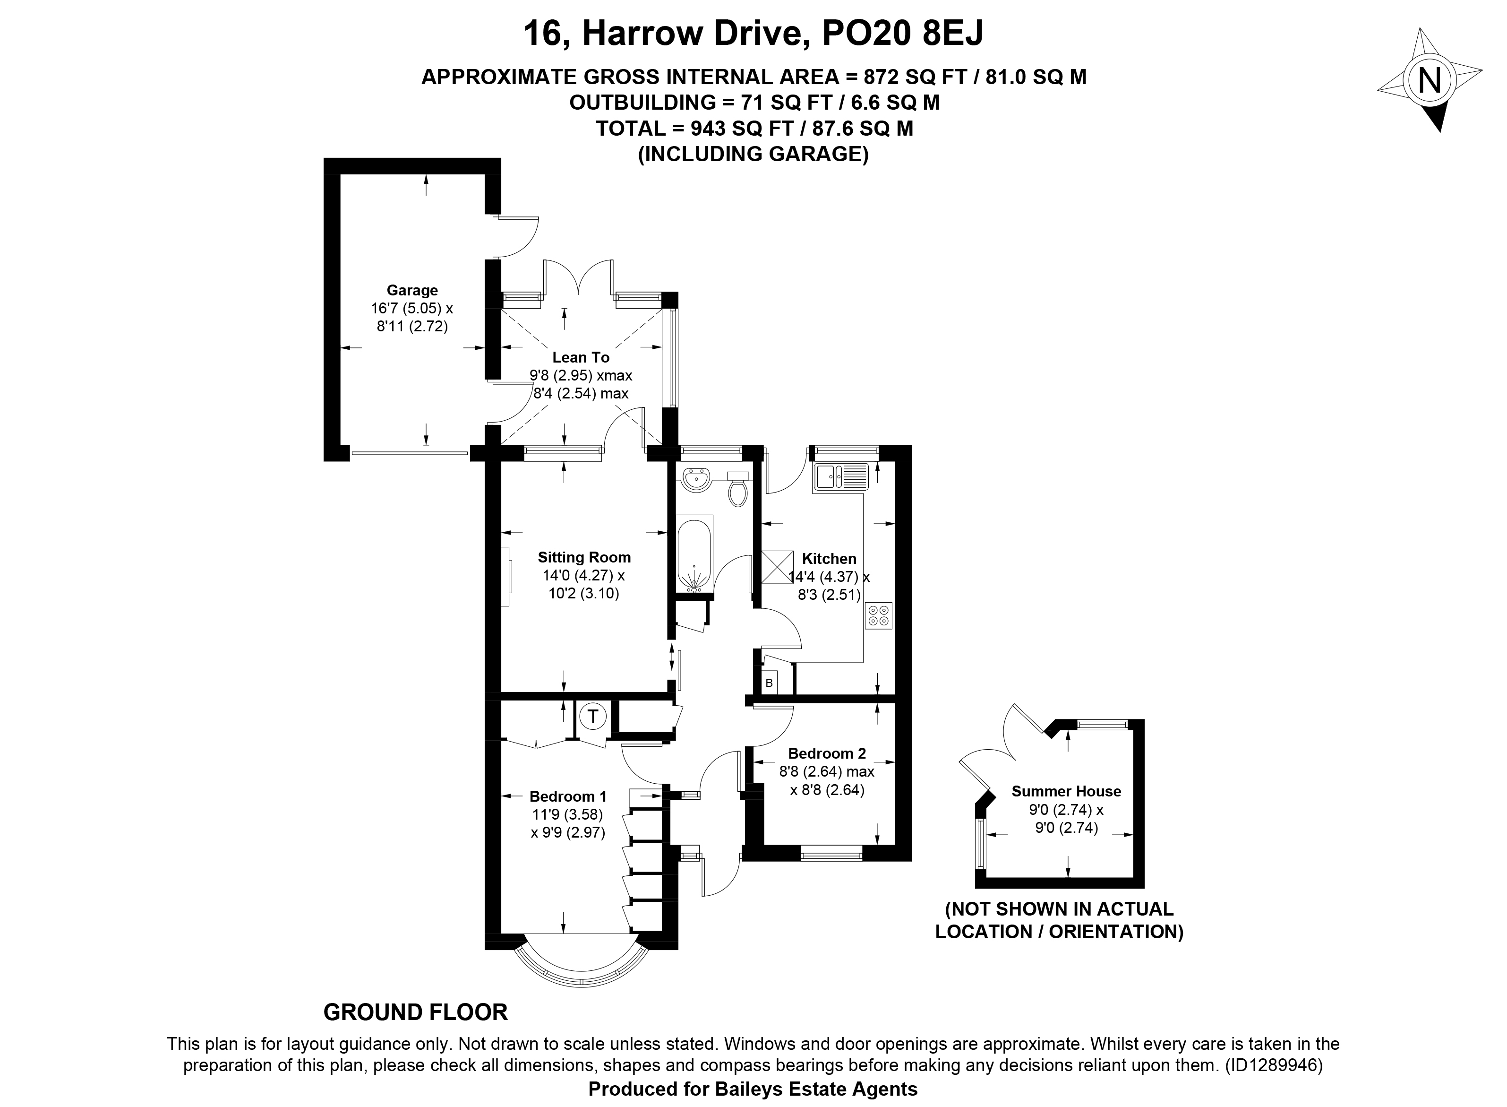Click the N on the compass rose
pyautogui.click(x=1430, y=81)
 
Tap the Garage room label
pyautogui.click(x=412, y=290)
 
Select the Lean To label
pyautogui.click(x=581, y=358)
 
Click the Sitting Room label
pyautogui.click(x=584, y=557)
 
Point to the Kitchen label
pyautogui.click(x=829, y=558)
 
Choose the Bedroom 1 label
pyautogui.click(x=568, y=796)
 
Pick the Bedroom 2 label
pyautogui.click(x=827, y=753)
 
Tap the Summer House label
pyautogui.click(x=1066, y=791)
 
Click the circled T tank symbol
pyautogui.click(x=592, y=716)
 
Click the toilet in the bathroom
pyautogui.click(x=737, y=488)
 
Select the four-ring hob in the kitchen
pyautogui.click(x=879, y=615)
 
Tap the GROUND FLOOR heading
pyautogui.click(x=415, y=1012)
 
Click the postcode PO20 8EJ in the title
pyautogui.click(x=902, y=34)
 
